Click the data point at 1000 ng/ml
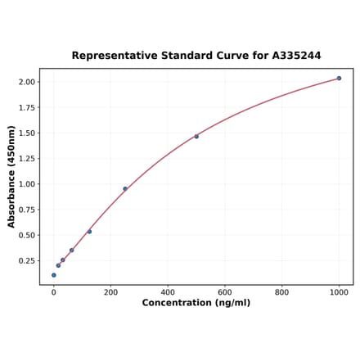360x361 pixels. point(339,79)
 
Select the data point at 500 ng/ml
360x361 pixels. point(196,136)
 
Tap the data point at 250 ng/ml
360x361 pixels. point(125,189)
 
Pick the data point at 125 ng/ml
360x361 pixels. point(89,232)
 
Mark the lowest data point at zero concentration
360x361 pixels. point(54,275)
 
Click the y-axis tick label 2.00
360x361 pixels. point(26,82)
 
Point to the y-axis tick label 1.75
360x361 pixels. point(26,107)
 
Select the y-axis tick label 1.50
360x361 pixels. point(26,133)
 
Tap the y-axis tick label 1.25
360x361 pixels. point(26,159)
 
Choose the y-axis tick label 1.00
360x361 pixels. point(26,184)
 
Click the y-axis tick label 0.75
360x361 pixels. point(26,210)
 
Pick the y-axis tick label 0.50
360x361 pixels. point(26,235)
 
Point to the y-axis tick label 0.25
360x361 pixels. point(26,261)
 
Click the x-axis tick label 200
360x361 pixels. point(110,291)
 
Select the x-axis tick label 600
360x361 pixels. point(225,291)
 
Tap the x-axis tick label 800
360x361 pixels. point(281,291)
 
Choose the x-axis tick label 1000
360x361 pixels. point(339,291)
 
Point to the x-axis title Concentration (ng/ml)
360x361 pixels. point(196,303)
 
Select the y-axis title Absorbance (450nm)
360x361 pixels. point(11,177)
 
